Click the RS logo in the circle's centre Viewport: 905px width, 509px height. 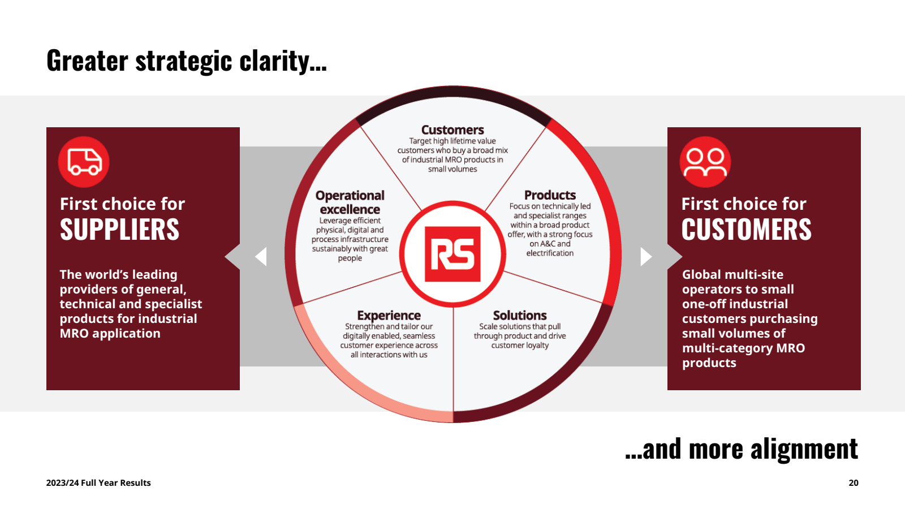(453, 254)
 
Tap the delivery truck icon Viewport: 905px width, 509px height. (84, 162)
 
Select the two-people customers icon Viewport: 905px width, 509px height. (705, 162)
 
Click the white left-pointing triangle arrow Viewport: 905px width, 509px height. (261, 256)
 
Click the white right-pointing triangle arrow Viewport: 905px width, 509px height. (645, 256)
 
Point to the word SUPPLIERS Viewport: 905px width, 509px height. (119, 230)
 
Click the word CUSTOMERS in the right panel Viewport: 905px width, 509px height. (746, 230)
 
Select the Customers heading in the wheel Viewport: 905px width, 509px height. (453, 130)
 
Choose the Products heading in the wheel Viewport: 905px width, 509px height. (550, 195)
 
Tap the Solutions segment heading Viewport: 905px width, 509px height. (520, 316)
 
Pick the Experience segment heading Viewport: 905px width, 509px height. (389, 316)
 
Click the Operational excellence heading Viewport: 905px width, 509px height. (350, 202)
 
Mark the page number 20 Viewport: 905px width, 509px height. (854, 483)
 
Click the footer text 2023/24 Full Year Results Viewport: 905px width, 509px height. (98, 483)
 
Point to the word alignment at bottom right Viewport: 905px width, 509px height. (804, 450)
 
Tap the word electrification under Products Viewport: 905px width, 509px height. (550, 253)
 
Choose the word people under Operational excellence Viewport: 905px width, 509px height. (350, 258)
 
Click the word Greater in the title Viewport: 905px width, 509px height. (87, 61)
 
